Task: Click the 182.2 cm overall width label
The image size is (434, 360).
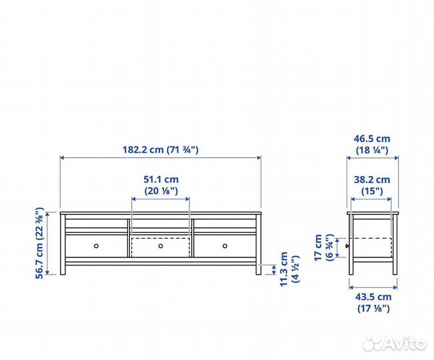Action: click(x=161, y=150)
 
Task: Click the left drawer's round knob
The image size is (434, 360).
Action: click(x=96, y=246)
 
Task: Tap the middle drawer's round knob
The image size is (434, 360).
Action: click(x=161, y=246)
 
